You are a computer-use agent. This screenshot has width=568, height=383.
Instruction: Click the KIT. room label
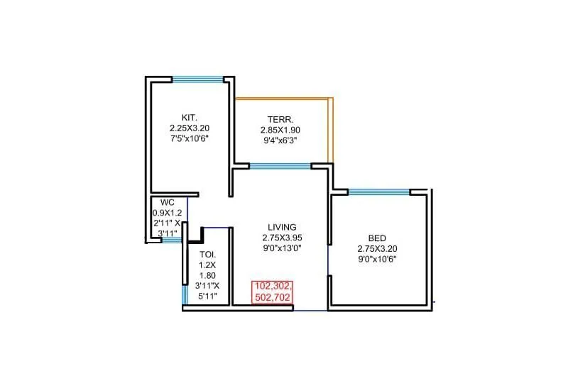189,118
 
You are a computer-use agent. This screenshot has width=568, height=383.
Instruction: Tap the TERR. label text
280,119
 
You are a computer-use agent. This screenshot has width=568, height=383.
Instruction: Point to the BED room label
377,238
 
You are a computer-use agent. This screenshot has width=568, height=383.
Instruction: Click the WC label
167,202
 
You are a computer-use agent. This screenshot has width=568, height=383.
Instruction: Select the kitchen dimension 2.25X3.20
189,128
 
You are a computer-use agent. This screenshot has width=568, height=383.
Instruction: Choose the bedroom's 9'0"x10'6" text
377,259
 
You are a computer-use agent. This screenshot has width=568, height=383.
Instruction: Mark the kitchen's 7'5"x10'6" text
189,139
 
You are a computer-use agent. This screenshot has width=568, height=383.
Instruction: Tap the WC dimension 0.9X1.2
168,212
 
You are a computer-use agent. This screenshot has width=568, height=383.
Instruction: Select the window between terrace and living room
280,167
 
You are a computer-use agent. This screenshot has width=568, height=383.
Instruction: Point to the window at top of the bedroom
378,191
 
